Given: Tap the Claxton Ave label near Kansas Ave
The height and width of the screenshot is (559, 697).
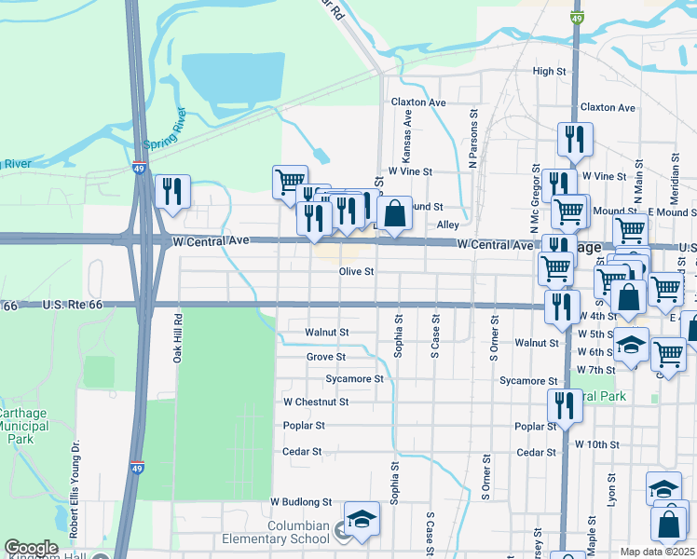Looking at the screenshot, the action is [418, 102].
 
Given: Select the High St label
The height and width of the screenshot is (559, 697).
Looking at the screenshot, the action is [549, 72].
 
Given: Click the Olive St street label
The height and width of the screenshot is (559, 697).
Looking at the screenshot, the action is [356, 272].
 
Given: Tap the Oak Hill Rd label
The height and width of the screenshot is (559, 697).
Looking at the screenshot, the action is [177, 336].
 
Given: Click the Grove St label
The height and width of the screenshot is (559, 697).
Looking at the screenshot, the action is [326, 357].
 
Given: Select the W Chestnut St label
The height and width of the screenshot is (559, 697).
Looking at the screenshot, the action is [316, 402].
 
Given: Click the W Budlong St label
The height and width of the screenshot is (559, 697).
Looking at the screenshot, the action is [301, 501].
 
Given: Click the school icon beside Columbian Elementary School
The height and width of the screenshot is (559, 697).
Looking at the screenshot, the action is [362, 519].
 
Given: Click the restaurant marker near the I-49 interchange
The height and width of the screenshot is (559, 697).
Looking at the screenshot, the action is [172, 191].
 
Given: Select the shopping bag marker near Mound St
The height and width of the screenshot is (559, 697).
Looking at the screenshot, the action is [395, 212].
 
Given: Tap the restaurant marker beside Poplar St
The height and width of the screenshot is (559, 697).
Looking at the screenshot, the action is [565, 405].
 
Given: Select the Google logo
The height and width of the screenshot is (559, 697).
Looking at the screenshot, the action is [31, 548].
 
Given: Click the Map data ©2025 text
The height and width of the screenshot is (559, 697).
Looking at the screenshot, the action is [657, 552].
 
